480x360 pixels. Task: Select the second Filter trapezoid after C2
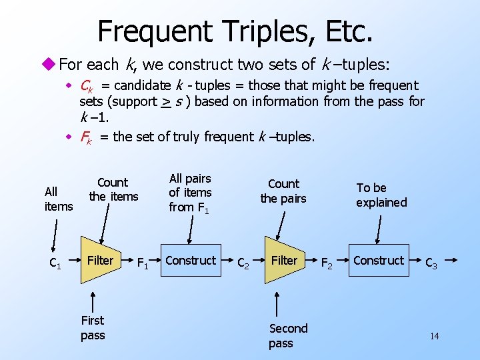pyautogui.click(x=283, y=260)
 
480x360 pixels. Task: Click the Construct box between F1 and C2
pyautogui.click(x=191, y=260)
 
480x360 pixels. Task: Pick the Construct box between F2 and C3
pyautogui.click(x=379, y=260)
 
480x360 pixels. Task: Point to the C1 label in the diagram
pyautogui.click(x=55, y=264)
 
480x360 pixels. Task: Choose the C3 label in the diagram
pyautogui.click(x=432, y=264)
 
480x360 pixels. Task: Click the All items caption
pyautogui.click(x=58, y=199)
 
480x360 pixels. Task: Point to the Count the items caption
pyautogui.click(x=113, y=189)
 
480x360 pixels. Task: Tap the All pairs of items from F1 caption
pyautogui.click(x=190, y=193)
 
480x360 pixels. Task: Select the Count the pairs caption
pyautogui.click(x=283, y=191)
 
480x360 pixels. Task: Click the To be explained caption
pyautogui.click(x=381, y=195)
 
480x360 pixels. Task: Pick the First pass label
pyautogui.click(x=93, y=327)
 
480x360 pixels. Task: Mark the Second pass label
pyautogui.click(x=288, y=335)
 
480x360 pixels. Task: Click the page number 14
pyautogui.click(x=434, y=336)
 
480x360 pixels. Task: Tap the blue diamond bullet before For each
pyautogui.click(x=51, y=65)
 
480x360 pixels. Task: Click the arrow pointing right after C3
pyautogui.click(x=451, y=260)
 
